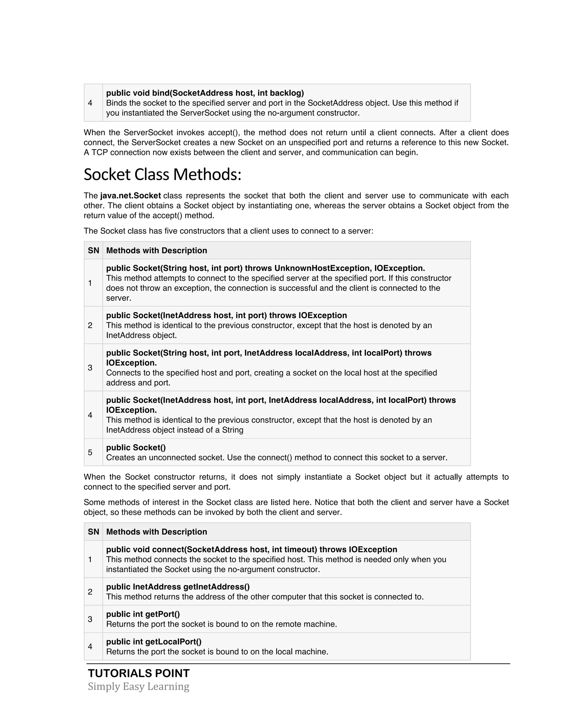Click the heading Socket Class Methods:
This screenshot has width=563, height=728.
[162, 175]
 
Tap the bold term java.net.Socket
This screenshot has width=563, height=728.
[130, 196]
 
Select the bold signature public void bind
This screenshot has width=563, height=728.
[205, 93]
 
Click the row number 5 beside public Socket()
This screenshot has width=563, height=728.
[90, 452]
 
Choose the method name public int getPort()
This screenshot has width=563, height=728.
[143, 614]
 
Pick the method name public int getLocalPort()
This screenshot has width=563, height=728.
[154, 642]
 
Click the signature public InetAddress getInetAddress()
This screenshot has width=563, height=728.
[178, 587]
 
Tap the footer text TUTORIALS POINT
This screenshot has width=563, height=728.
[139, 673]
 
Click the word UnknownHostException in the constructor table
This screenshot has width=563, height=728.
[322, 268]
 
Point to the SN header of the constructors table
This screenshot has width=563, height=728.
[93, 251]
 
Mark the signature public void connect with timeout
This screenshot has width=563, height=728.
[252, 549]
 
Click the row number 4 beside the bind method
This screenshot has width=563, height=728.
[90, 103]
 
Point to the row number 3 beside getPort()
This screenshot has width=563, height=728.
[90, 619]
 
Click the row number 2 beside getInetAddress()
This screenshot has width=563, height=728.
[90, 592]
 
